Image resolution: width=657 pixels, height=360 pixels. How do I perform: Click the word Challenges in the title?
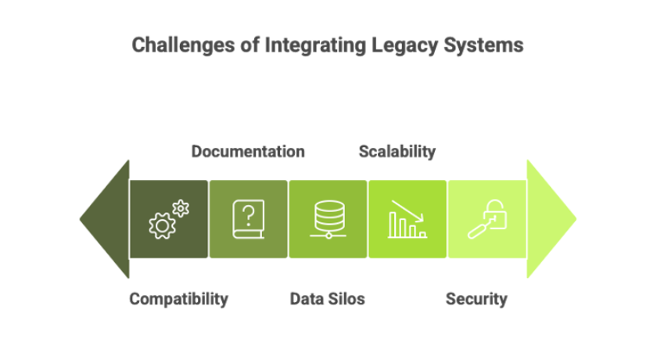click(183, 45)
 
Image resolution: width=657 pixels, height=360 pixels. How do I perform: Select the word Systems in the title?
click(483, 45)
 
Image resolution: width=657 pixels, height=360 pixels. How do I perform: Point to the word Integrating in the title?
click(315, 45)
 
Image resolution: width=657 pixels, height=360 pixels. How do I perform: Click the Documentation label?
click(248, 151)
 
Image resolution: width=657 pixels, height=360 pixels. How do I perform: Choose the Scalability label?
click(397, 151)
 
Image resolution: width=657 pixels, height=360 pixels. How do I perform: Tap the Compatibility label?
click(179, 299)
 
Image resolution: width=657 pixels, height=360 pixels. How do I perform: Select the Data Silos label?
click(327, 299)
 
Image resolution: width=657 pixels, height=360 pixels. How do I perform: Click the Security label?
click(476, 299)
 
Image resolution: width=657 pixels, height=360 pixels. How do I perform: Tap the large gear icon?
click(162, 225)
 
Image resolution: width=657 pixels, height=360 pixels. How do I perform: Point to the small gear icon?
click(181, 208)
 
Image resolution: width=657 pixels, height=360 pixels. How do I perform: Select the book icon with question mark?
click(249, 219)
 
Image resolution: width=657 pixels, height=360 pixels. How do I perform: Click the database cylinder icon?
click(329, 219)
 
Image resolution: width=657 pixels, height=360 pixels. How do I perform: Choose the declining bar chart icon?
click(407, 219)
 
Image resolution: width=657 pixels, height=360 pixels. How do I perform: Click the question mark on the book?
click(249, 215)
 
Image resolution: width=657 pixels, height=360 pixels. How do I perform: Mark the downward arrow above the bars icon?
click(407, 211)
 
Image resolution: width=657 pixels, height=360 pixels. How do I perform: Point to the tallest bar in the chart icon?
click(393, 225)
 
